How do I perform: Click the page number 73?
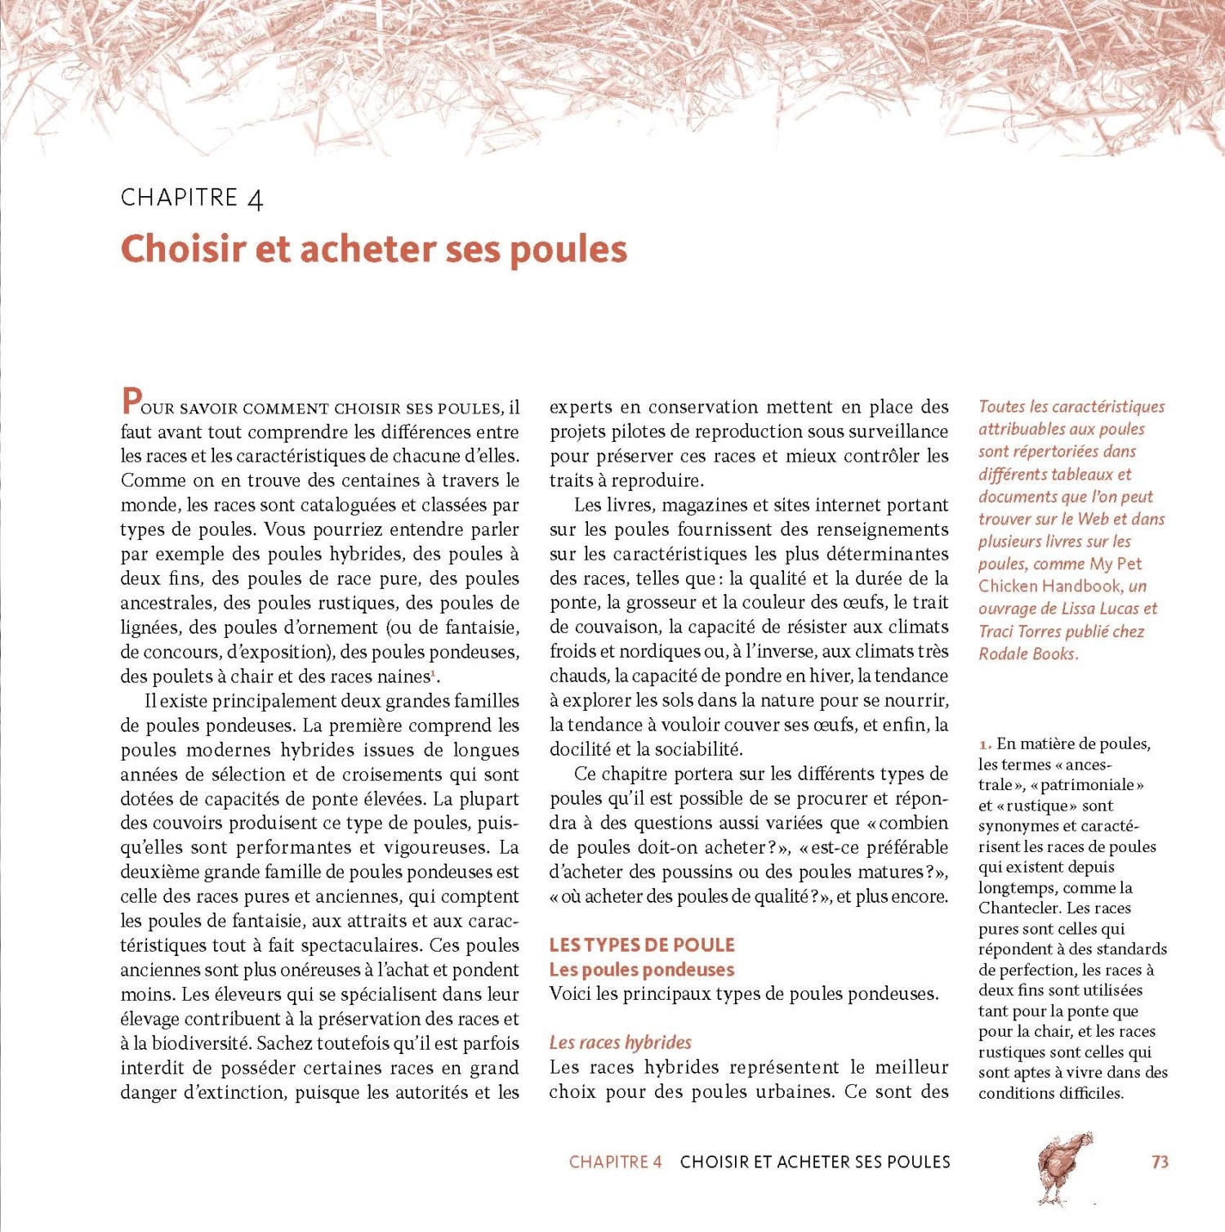click(x=1160, y=1162)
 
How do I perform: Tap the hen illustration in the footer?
click(x=1064, y=1167)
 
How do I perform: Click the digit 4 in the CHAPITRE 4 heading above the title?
click(x=255, y=199)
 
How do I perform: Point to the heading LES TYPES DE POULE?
click(x=642, y=945)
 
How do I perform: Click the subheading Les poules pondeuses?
click(x=642, y=970)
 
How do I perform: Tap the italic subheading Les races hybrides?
click(x=621, y=1042)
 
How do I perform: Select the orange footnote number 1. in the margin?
click(x=985, y=743)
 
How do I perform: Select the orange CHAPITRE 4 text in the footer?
click(x=615, y=1162)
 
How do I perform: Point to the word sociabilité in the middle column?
click(x=693, y=749)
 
